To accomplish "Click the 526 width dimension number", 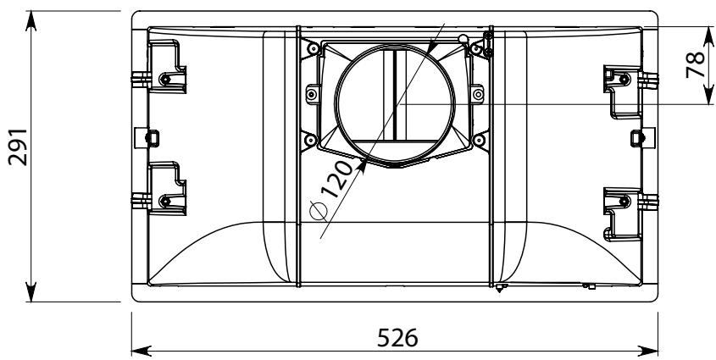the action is pyautogui.click(x=397, y=338).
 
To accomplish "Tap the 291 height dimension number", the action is pyautogui.click(x=19, y=147).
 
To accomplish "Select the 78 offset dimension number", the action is pyautogui.click(x=696, y=64).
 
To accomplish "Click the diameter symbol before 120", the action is pyautogui.click(x=319, y=211).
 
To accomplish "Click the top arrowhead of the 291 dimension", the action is pyautogui.click(x=31, y=21).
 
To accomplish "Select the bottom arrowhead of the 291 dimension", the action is pyautogui.click(x=31, y=291).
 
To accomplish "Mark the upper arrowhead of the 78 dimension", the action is pyautogui.click(x=708, y=36).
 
